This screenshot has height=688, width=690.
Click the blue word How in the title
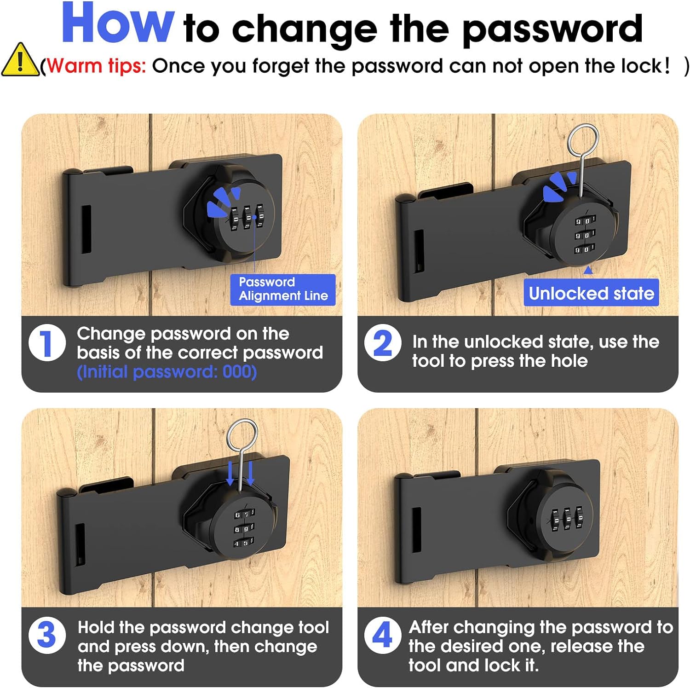pyautogui.click(x=118, y=24)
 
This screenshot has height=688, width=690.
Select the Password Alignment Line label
pyautogui.click(x=283, y=289)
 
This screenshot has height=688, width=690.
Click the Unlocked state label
pyautogui.click(x=591, y=293)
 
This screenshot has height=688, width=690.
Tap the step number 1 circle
pyautogui.click(x=47, y=343)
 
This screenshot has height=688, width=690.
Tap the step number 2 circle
pyautogui.click(x=383, y=343)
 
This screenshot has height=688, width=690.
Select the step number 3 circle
pyautogui.click(x=47, y=636)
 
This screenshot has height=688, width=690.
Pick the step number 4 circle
pyautogui.click(x=383, y=636)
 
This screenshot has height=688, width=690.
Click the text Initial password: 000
pyautogui.click(x=167, y=372)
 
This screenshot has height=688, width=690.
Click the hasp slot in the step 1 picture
pyautogui.click(x=86, y=229)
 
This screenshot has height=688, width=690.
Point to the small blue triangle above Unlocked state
pyautogui.click(x=588, y=271)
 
